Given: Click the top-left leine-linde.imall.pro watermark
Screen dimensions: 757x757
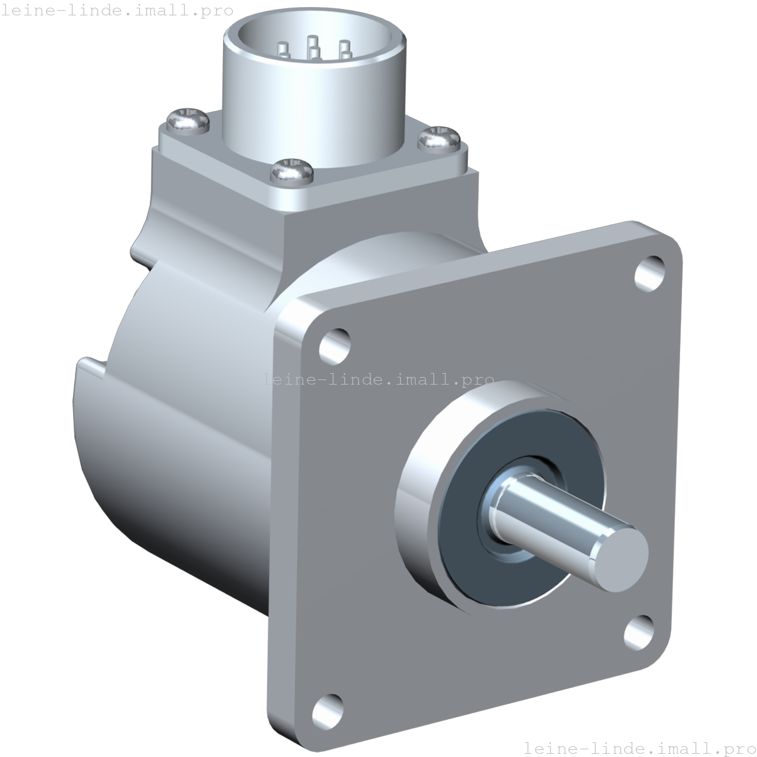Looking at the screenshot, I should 117,11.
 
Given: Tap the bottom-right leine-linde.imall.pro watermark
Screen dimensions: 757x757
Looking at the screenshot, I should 639,747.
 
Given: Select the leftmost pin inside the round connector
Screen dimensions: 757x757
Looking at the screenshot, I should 283,47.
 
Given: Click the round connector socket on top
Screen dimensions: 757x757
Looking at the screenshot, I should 314,83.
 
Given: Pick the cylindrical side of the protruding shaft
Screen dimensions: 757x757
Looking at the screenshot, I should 551,519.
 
